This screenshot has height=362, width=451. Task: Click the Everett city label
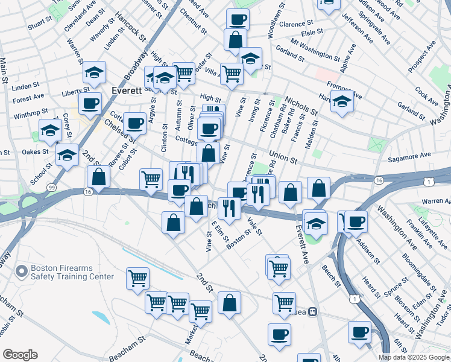tap(127, 91)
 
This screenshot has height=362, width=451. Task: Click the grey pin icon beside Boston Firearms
tap(22, 272)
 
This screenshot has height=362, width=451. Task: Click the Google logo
tap(20, 355)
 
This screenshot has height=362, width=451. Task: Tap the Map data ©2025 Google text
tap(414, 357)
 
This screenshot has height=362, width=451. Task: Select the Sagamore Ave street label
tap(409, 155)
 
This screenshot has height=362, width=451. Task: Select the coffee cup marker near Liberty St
tap(90, 103)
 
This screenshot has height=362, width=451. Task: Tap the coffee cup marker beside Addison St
tap(356, 220)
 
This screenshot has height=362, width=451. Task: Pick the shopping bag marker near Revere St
tap(98, 176)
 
